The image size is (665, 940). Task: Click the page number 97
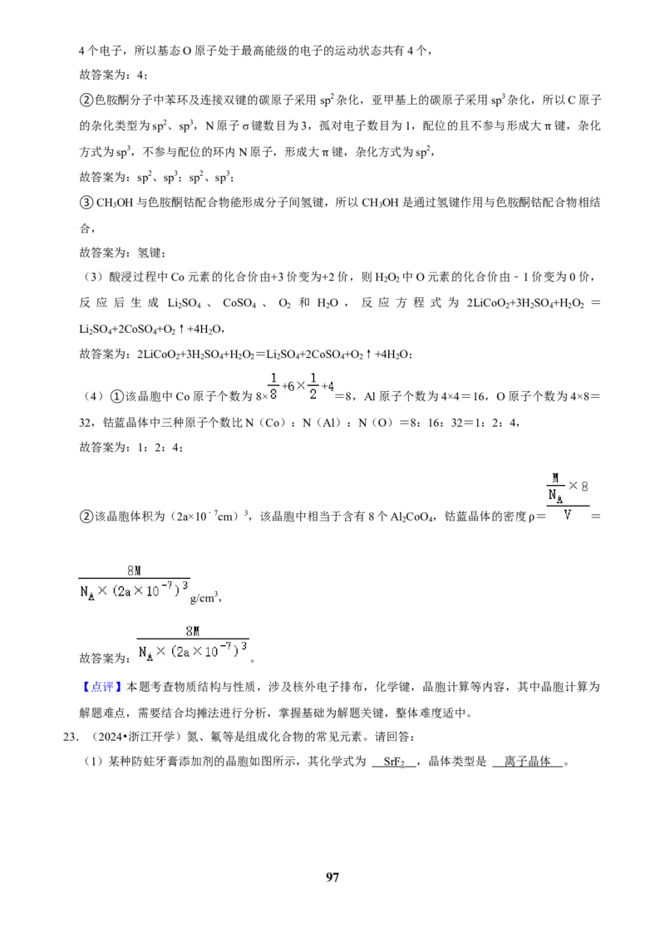point(332,877)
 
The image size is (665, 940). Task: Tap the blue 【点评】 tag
point(102,687)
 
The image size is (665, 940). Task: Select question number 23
point(71,737)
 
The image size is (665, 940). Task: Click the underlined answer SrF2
point(394,762)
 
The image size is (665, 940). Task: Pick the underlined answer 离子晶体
point(527,761)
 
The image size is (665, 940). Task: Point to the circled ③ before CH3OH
point(86,203)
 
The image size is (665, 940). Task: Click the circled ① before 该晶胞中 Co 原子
point(117,396)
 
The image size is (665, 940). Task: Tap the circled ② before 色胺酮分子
point(86,100)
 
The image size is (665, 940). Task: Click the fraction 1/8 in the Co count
point(273,386)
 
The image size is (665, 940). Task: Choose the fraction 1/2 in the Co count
point(313,386)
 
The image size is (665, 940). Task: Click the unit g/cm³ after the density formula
point(204,597)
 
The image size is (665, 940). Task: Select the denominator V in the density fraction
point(567,514)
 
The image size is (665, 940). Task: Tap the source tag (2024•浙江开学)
point(134,737)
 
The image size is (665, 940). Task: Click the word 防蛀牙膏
point(156,762)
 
